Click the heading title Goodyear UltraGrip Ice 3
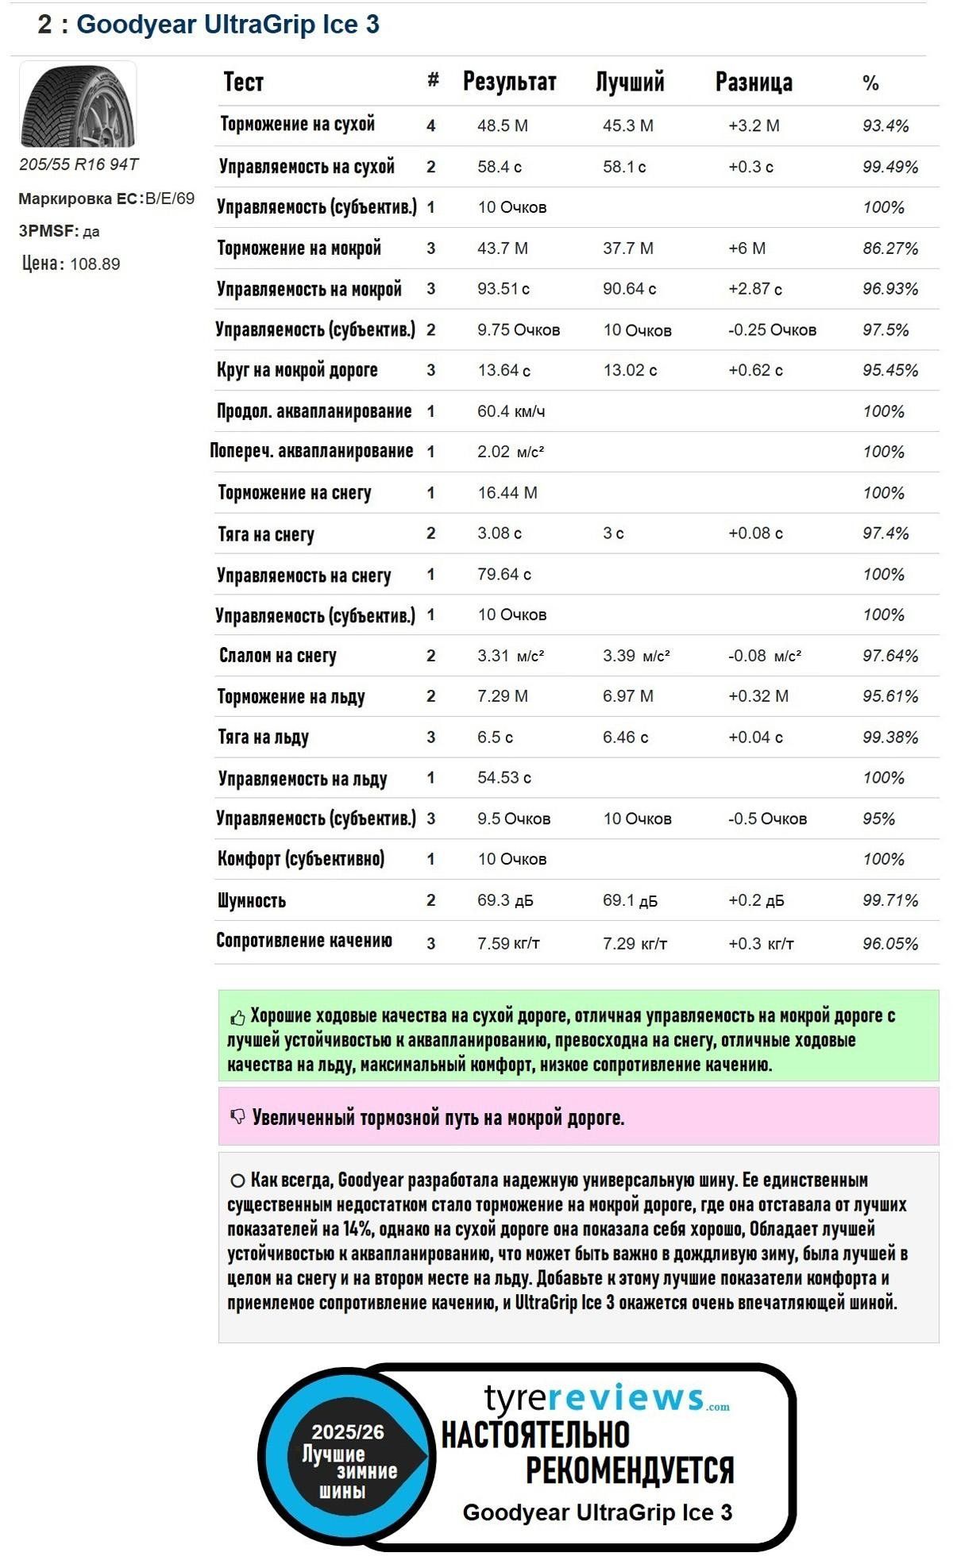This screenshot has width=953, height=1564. pos(227,25)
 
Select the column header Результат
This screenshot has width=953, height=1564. pos(509,82)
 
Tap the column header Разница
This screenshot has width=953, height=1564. pos(753,82)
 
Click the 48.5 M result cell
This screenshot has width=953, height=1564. pos(502,125)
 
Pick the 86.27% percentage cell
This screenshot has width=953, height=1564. pos(889,248)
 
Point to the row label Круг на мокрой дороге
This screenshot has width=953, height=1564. pos(297,370)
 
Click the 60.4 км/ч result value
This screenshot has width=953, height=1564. pos(511,411)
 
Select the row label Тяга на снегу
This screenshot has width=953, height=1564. pos(266,534)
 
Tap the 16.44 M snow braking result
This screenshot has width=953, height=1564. pos(507,493)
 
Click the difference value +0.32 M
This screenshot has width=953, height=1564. pos(758,696)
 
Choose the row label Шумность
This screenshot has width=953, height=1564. pos(252,900)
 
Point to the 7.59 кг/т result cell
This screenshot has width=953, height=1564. pos(508,943)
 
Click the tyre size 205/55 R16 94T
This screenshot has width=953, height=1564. pos(79,164)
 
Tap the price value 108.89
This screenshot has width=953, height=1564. pos(95,264)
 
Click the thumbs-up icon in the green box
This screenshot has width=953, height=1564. pos(237,1018)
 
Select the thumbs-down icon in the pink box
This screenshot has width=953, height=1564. pos(237,1117)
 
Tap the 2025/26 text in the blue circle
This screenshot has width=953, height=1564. pos(347,1431)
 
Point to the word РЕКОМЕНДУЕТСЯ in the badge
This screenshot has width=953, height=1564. pos(629,1470)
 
